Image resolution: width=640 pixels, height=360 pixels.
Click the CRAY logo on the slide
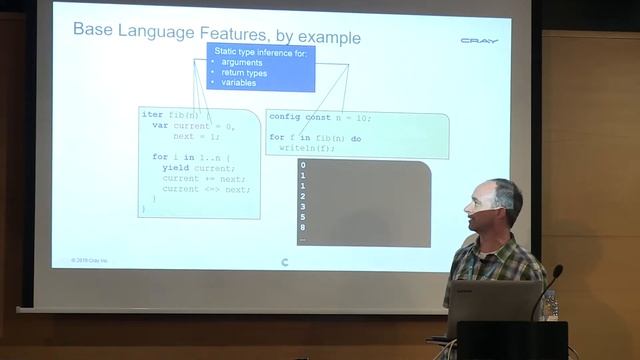(479, 41)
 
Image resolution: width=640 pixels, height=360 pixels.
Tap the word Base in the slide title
(93, 30)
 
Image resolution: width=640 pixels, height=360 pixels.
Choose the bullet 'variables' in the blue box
(239, 82)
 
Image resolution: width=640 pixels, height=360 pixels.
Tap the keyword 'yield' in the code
(175, 167)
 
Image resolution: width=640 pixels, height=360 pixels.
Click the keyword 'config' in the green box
(284, 117)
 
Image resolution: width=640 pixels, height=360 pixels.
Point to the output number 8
(302, 229)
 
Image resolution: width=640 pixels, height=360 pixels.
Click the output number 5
(302, 218)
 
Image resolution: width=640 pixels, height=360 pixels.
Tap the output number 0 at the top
(302, 165)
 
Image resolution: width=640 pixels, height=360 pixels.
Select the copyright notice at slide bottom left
(90, 260)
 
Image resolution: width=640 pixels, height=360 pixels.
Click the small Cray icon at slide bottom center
(286, 263)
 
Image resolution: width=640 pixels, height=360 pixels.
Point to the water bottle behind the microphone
(549, 304)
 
